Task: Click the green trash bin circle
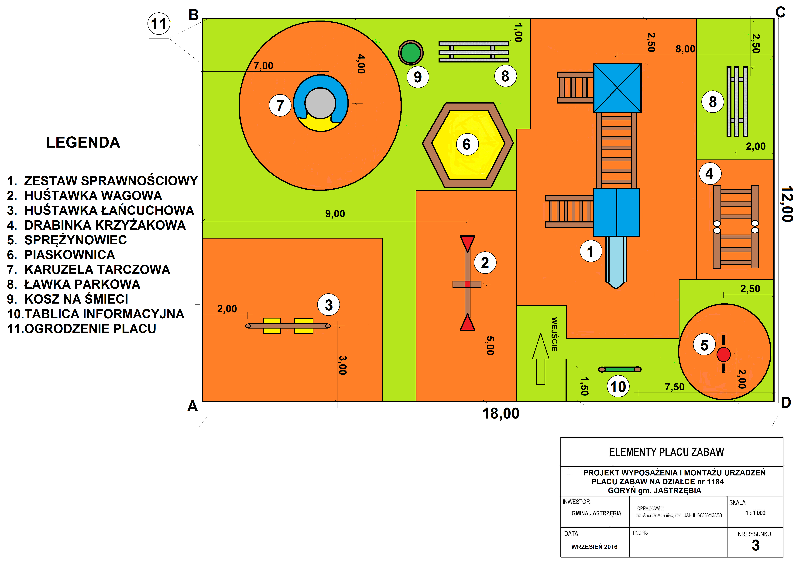coord(411,53)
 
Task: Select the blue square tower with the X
coord(617,88)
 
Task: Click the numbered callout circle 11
coord(159,24)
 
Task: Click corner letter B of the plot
coord(193,15)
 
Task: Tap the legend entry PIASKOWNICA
coord(69,255)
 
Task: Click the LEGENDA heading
coord(83,142)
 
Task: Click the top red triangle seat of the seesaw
coord(467,242)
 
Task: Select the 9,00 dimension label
coord(335,214)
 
